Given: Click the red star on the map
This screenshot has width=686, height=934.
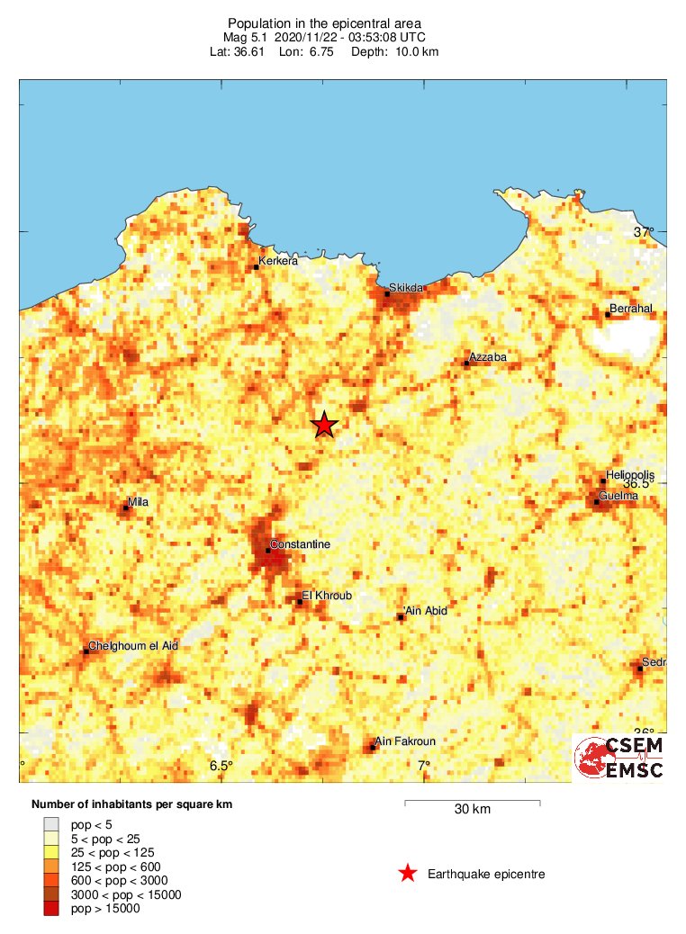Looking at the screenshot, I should pyautogui.click(x=324, y=425).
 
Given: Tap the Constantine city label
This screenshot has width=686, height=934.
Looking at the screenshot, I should pyautogui.click(x=301, y=544).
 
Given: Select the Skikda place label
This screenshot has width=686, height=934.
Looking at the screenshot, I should pyautogui.click(x=405, y=287).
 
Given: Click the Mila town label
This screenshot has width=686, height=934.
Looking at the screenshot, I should pyautogui.click(x=139, y=501).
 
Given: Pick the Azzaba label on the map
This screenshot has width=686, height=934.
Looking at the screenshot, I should pyautogui.click(x=489, y=357).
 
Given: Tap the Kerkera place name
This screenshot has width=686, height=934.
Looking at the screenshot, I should pyautogui.click(x=278, y=262).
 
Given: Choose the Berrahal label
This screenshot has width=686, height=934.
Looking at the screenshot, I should pyautogui.click(x=631, y=309).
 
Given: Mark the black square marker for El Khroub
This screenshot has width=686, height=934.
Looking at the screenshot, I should pyautogui.click(x=300, y=602).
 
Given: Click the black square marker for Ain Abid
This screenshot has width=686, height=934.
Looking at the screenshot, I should pyautogui.click(x=401, y=616).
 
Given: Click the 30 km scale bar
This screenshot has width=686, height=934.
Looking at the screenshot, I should pyautogui.click(x=472, y=801).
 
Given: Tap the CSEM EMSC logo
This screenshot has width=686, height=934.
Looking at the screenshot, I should pyautogui.click(x=620, y=758).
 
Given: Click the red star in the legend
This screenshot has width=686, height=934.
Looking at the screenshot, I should pyautogui.click(x=408, y=873).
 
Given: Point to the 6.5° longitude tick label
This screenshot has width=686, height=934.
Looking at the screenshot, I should pyautogui.click(x=221, y=766).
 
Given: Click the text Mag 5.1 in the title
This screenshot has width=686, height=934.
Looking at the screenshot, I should pyautogui.click(x=246, y=37).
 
